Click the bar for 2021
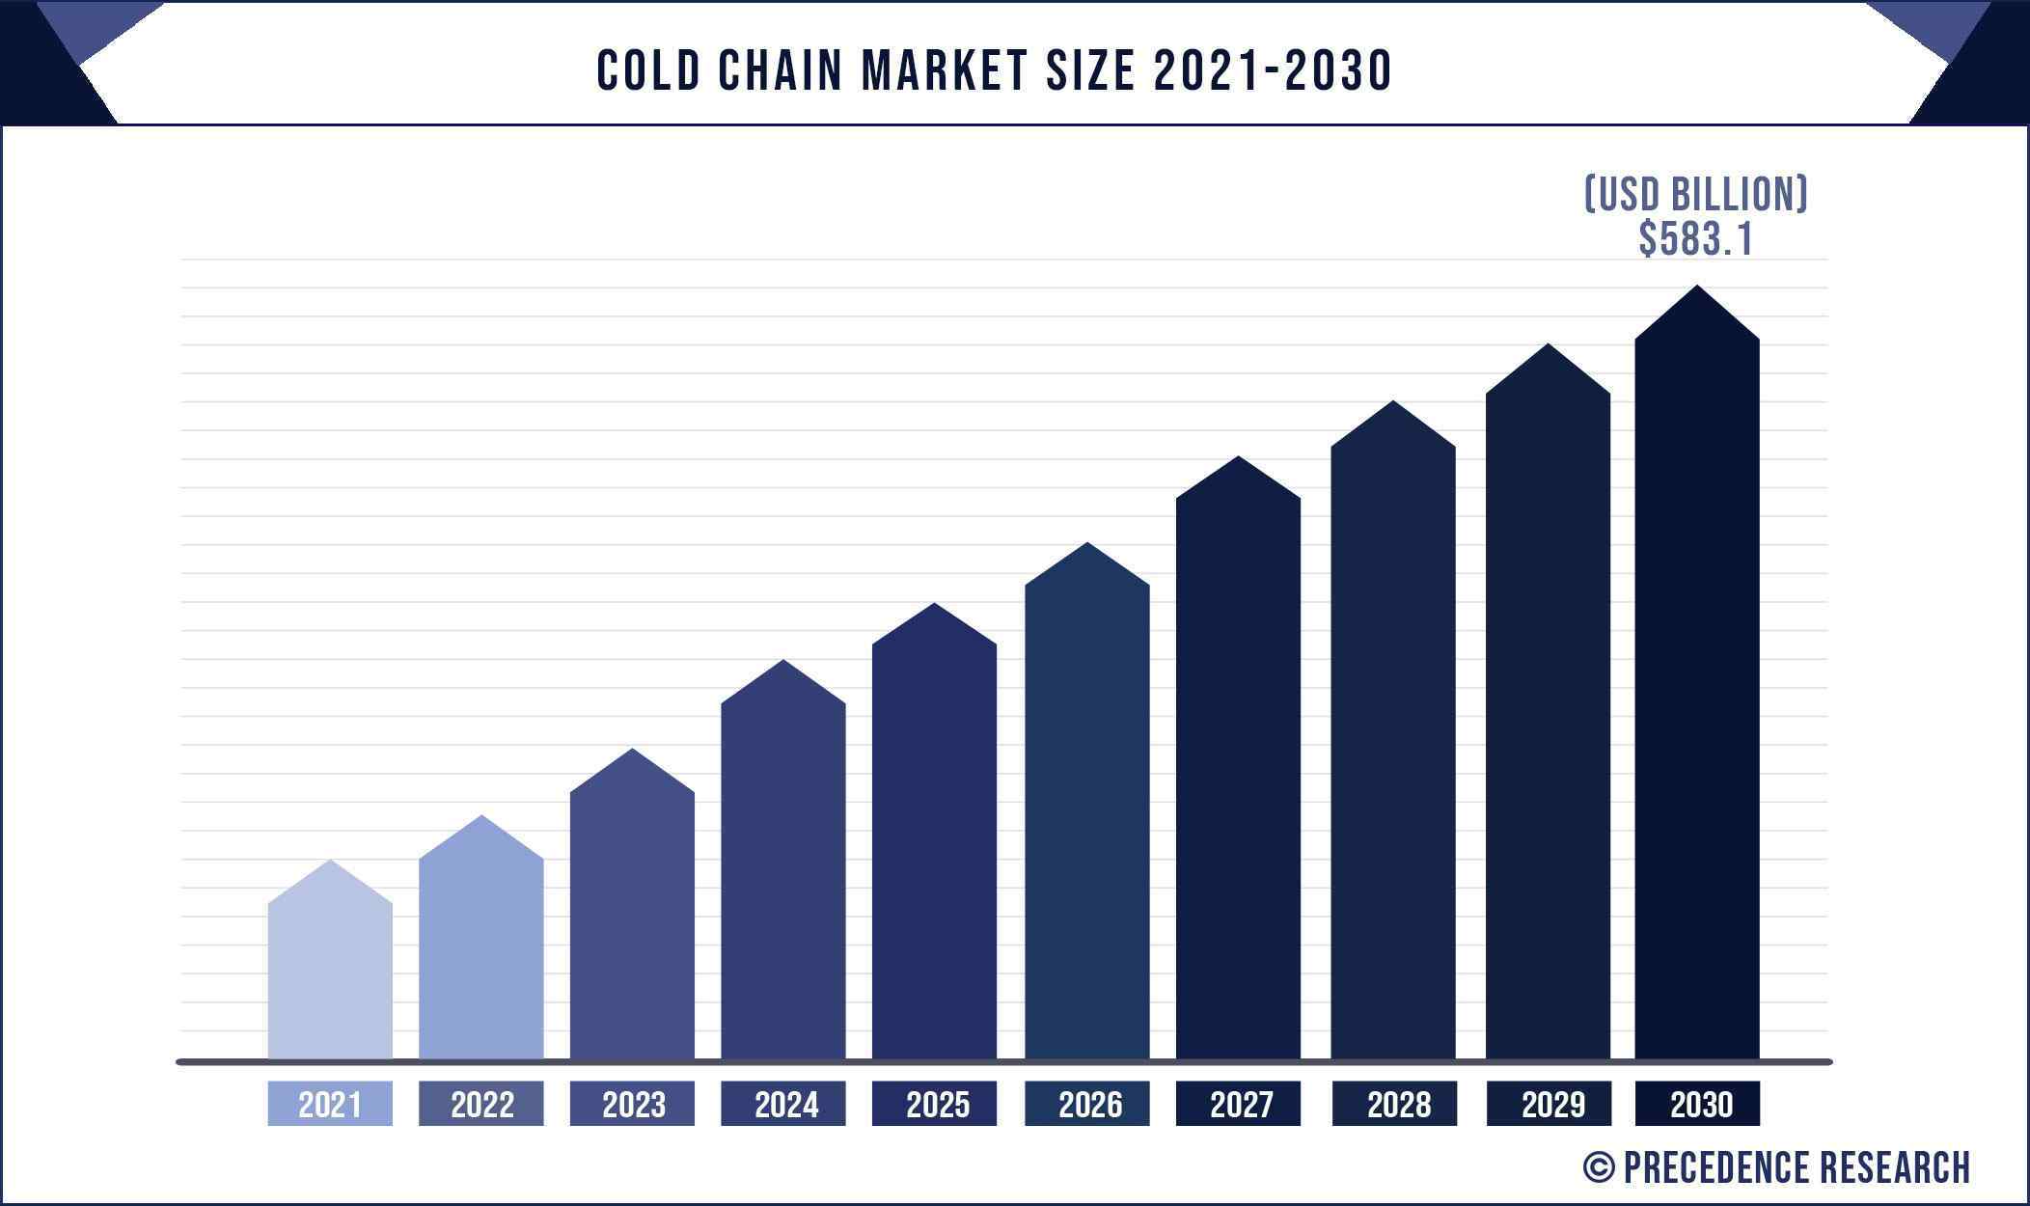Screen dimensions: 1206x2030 coord(330,974)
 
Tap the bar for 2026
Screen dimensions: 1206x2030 coord(1086,820)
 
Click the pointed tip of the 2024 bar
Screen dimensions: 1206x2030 coord(783,663)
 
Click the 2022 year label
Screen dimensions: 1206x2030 coord(481,1104)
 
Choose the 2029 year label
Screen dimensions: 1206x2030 coord(1549,1104)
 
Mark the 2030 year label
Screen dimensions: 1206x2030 coord(1698,1104)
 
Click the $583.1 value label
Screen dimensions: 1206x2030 coord(1695,239)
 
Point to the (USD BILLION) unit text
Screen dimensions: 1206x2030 coord(1695,194)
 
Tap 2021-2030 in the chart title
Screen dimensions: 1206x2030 coord(1272,70)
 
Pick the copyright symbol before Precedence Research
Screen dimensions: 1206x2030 coord(1599,1167)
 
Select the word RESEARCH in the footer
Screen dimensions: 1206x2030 coord(1894,1167)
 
